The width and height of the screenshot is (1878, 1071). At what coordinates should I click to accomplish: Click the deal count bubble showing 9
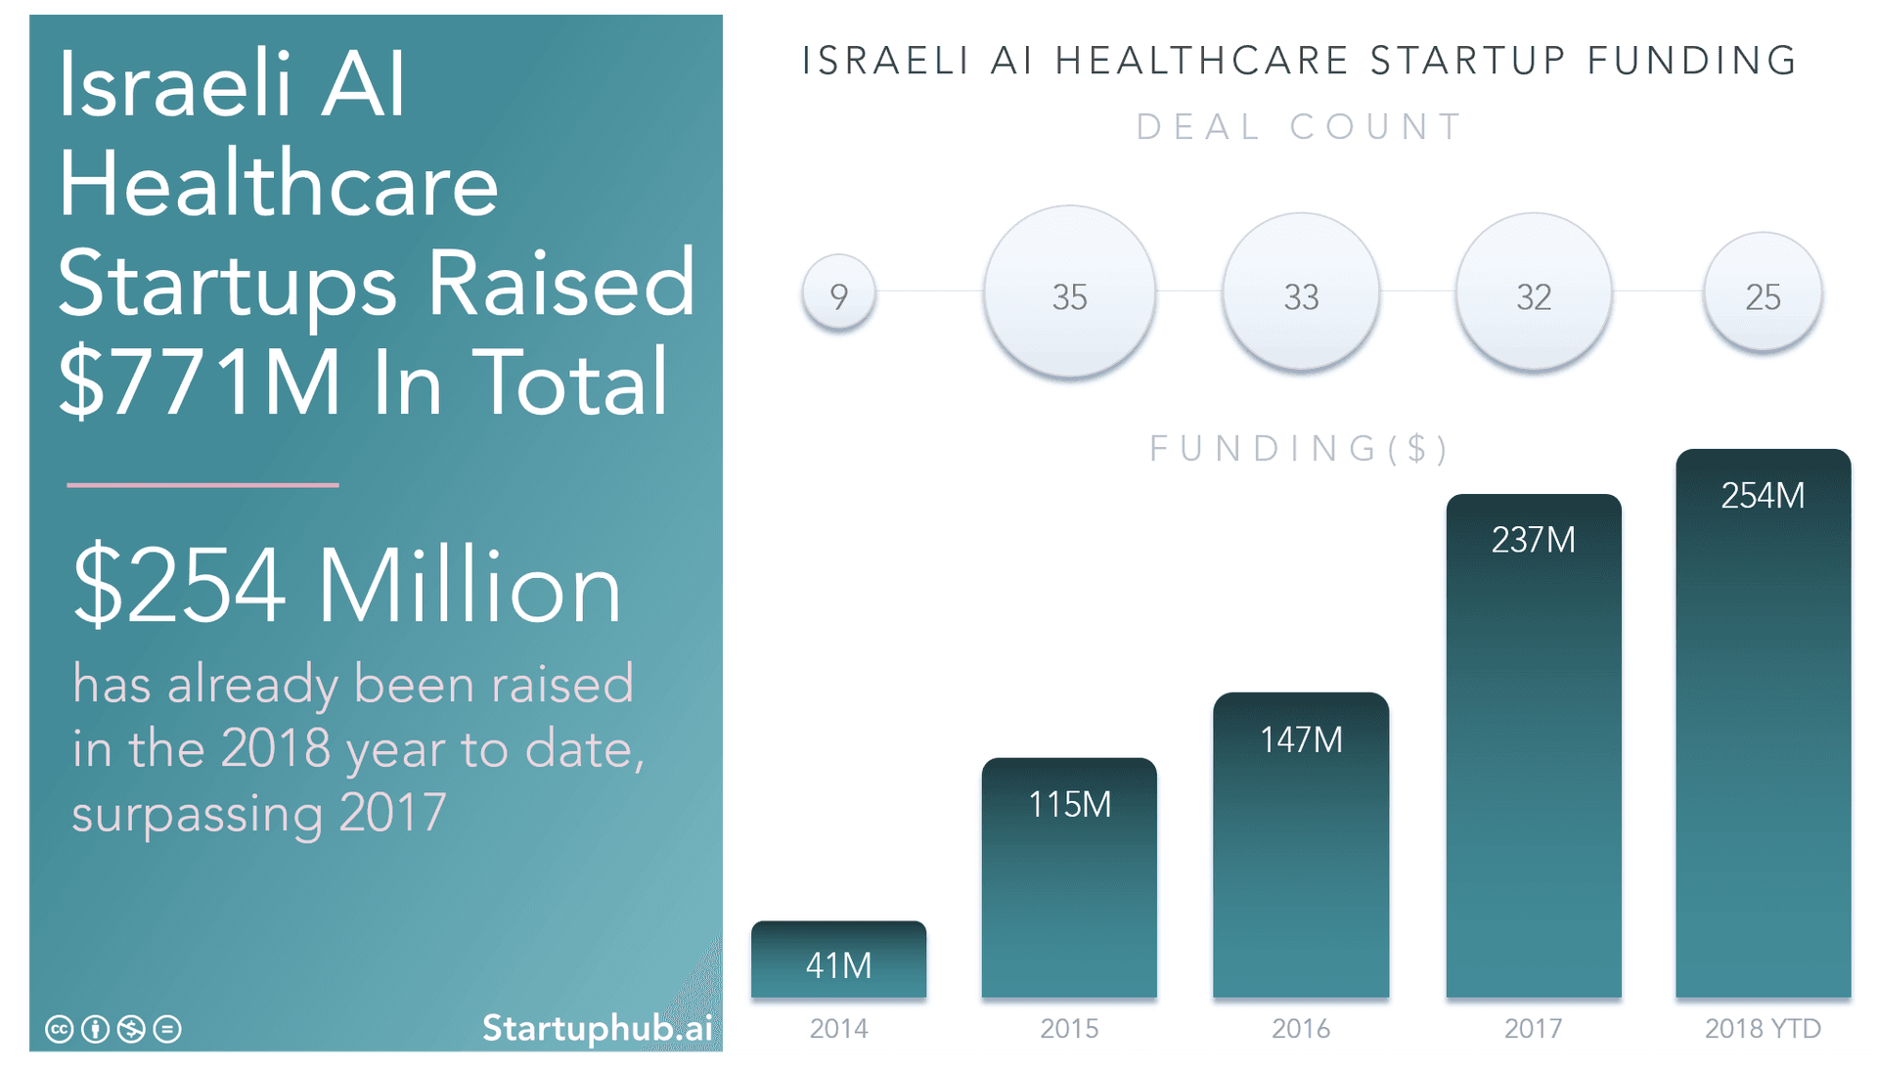(838, 293)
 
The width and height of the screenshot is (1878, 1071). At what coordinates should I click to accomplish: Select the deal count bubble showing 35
(1069, 292)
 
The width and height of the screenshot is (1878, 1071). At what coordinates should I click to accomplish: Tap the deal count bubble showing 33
(1301, 292)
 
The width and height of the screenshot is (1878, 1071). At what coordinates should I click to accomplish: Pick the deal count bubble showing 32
(1533, 292)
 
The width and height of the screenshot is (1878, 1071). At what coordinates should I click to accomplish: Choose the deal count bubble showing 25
(1763, 292)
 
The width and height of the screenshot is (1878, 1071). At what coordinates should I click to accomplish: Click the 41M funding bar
(838, 959)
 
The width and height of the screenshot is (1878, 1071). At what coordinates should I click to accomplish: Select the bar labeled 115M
(1069, 880)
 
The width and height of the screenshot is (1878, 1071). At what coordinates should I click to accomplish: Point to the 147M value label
(1301, 740)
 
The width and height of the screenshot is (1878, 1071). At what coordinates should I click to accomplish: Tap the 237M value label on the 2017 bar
(1533, 540)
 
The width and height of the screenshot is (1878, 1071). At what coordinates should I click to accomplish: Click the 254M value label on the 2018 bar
(1763, 496)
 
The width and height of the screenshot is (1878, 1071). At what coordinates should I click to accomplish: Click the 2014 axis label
(838, 1029)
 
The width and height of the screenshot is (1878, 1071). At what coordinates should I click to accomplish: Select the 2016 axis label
(1301, 1029)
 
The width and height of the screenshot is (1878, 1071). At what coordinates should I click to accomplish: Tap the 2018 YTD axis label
(1763, 1029)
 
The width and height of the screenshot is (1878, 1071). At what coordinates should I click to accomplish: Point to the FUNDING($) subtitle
(1299, 449)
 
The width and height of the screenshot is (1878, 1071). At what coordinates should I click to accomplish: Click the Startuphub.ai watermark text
(597, 1028)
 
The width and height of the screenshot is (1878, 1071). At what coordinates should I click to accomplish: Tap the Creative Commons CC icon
(60, 1029)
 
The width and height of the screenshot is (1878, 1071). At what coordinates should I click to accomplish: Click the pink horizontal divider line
(202, 484)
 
